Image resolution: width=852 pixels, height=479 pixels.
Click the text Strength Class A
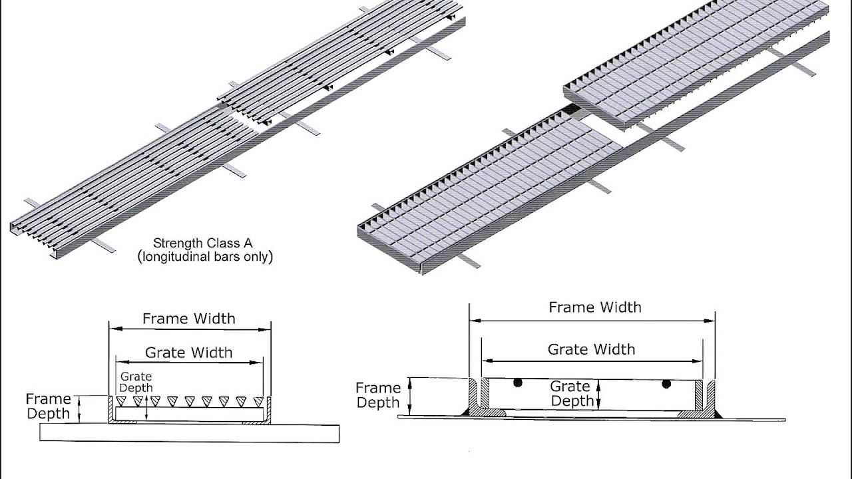(x=203, y=243)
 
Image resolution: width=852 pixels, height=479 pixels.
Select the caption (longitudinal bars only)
(x=205, y=257)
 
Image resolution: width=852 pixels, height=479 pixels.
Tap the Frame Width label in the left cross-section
(x=189, y=319)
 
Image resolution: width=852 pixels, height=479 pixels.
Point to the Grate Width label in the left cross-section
(x=188, y=353)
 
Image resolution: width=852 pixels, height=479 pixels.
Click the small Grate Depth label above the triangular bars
(x=136, y=382)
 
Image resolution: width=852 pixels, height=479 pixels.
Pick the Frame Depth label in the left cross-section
(x=49, y=406)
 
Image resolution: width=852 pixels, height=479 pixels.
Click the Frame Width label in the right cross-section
(x=595, y=307)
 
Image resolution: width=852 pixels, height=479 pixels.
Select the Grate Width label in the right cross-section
(x=592, y=349)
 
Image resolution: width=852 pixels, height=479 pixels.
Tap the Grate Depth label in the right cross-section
(x=572, y=394)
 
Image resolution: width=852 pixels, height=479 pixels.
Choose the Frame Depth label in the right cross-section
(x=378, y=395)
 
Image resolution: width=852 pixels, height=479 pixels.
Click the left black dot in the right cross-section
(x=517, y=383)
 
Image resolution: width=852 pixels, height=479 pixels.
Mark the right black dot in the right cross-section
(x=666, y=384)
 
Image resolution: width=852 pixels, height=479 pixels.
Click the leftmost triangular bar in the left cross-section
(x=121, y=401)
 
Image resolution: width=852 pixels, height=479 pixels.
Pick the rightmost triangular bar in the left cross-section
(x=258, y=401)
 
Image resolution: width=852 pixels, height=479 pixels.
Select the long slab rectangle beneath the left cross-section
(x=190, y=433)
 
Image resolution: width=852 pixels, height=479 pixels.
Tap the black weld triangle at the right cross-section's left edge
(x=465, y=412)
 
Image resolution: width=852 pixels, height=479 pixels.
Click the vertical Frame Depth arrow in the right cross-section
(x=409, y=397)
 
